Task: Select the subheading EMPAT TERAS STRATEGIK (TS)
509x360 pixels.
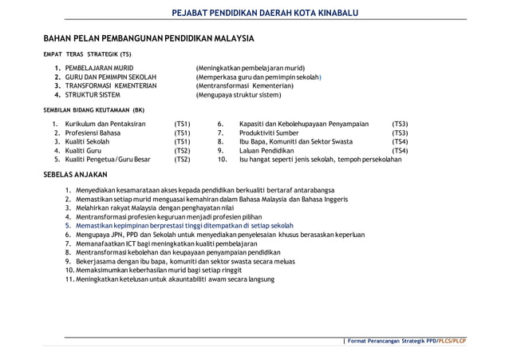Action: tap(87, 54)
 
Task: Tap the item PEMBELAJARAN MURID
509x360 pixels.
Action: tap(100, 68)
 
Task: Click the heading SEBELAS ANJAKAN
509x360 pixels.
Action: tap(78, 174)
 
